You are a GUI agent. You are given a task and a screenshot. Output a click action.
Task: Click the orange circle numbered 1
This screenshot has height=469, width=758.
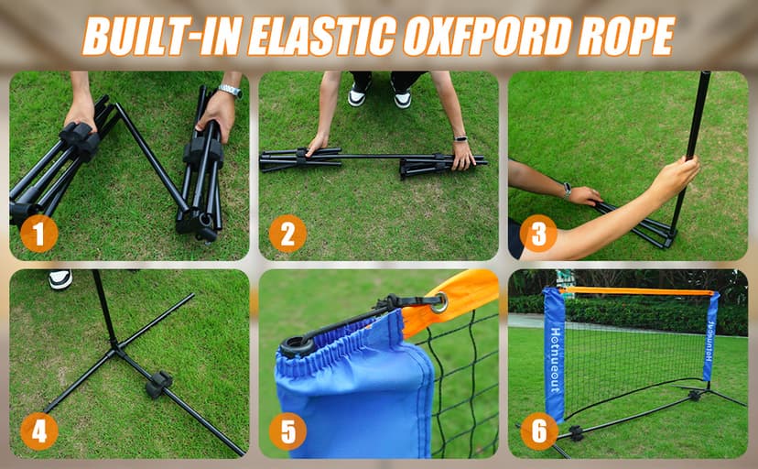coord(39,234)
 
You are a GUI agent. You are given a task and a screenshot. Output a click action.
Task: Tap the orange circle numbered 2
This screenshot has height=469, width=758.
coord(287,234)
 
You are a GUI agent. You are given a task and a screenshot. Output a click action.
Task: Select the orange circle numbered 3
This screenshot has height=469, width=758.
coord(538,234)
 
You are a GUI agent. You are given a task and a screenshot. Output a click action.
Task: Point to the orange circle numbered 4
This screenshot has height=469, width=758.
coord(39,431)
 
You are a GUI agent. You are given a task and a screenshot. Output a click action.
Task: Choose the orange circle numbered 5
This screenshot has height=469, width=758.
coord(287,431)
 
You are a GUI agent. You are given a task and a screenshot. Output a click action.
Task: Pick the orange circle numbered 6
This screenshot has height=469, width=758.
coord(539,431)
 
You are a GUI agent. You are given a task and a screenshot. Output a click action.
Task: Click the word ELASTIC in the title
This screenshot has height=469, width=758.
coord(321,36)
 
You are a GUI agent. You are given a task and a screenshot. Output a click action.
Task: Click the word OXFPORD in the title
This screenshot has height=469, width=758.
coord(486,36)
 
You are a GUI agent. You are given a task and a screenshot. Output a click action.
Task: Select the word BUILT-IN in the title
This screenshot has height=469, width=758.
coord(161,37)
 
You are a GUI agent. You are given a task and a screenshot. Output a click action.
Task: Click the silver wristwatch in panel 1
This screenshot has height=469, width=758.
coord(230,90)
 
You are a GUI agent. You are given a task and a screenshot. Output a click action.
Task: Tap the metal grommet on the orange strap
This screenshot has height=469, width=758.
coord(439,302)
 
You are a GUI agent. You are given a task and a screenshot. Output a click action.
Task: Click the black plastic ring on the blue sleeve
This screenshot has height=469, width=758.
coord(298,346)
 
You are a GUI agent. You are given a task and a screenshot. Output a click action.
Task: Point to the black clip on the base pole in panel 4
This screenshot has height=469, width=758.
coord(158,384)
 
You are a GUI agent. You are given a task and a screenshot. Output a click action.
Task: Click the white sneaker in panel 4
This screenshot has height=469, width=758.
coord(60,279)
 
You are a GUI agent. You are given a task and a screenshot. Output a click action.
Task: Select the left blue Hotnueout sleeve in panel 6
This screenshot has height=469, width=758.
coord(555,354)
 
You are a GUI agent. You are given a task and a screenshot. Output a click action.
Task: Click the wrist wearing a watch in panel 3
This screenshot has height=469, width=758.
coord(568,191)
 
